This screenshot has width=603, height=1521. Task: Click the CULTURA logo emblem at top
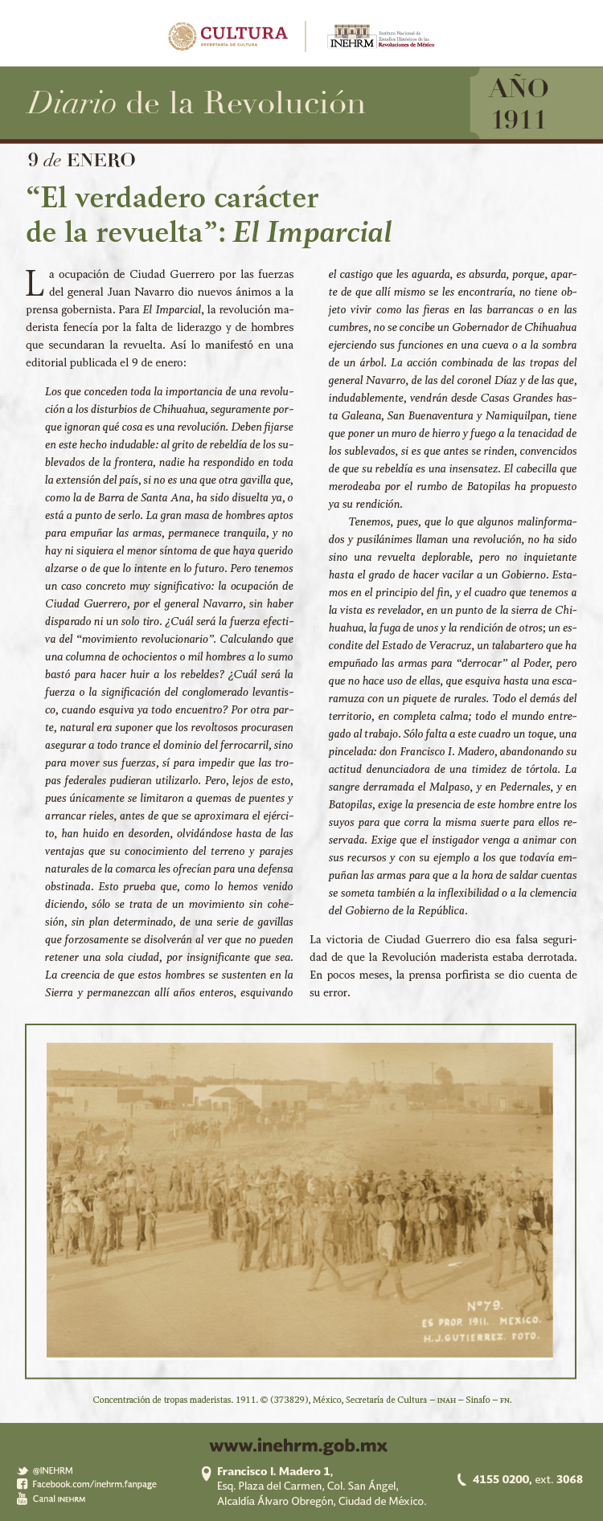click(x=183, y=36)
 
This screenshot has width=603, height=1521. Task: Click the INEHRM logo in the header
click(x=353, y=37)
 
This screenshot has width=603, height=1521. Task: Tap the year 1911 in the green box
click(x=519, y=119)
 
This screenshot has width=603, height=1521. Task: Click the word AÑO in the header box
click(x=519, y=88)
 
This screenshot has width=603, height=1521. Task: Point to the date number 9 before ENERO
click(x=32, y=160)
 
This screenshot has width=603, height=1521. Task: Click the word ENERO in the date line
click(x=100, y=160)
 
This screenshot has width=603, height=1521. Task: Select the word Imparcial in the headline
click(x=329, y=231)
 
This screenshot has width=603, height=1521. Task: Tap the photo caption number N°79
click(x=484, y=1306)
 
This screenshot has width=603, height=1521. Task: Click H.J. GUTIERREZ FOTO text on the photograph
click(x=481, y=1337)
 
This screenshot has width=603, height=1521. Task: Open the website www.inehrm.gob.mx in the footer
click(x=298, y=1445)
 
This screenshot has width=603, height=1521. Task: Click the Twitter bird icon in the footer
click(x=23, y=1470)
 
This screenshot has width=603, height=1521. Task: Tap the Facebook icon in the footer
click(x=23, y=1484)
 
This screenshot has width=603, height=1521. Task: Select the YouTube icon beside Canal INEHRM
click(x=23, y=1499)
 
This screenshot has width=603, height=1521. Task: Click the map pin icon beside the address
click(x=206, y=1473)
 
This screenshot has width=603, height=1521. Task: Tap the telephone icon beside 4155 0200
click(x=461, y=1479)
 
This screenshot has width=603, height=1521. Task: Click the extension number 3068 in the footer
click(x=569, y=1479)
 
